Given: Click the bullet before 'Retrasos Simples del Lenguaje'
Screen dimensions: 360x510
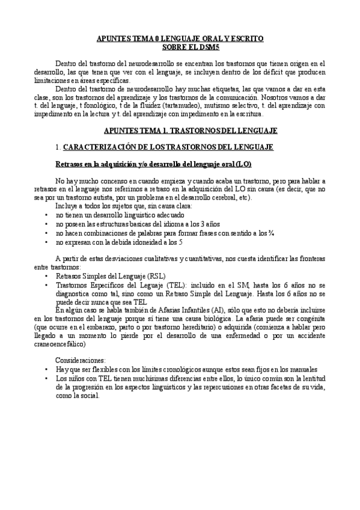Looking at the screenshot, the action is pyautogui.click(x=47, y=275).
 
